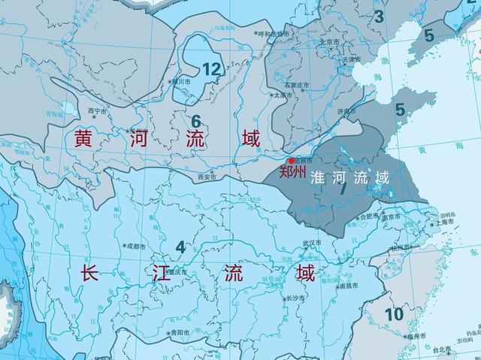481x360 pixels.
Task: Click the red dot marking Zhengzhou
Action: point(292,161)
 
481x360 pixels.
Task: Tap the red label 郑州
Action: point(293,172)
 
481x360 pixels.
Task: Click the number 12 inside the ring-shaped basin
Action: point(212,70)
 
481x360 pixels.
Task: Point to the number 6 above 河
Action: point(195,121)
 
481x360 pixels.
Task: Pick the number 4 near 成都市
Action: point(180,247)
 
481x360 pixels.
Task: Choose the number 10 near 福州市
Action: point(394,313)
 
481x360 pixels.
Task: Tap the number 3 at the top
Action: point(379,16)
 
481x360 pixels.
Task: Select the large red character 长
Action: point(89,274)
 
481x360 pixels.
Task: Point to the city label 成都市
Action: point(137,245)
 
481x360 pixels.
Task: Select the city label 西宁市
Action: point(98,110)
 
